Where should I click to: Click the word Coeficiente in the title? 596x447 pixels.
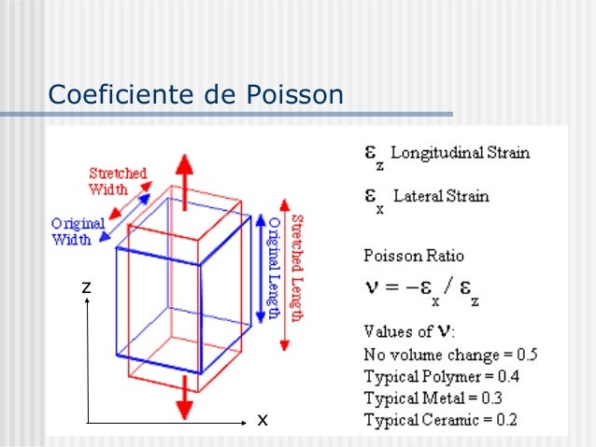tap(115, 95)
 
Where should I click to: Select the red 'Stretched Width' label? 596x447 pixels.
tap(117, 181)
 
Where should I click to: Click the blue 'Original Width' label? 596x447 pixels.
tap(78, 231)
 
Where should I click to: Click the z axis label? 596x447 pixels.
tap(85, 287)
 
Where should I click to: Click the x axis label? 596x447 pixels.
tap(263, 421)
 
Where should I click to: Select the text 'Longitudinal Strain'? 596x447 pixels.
tap(460, 152)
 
